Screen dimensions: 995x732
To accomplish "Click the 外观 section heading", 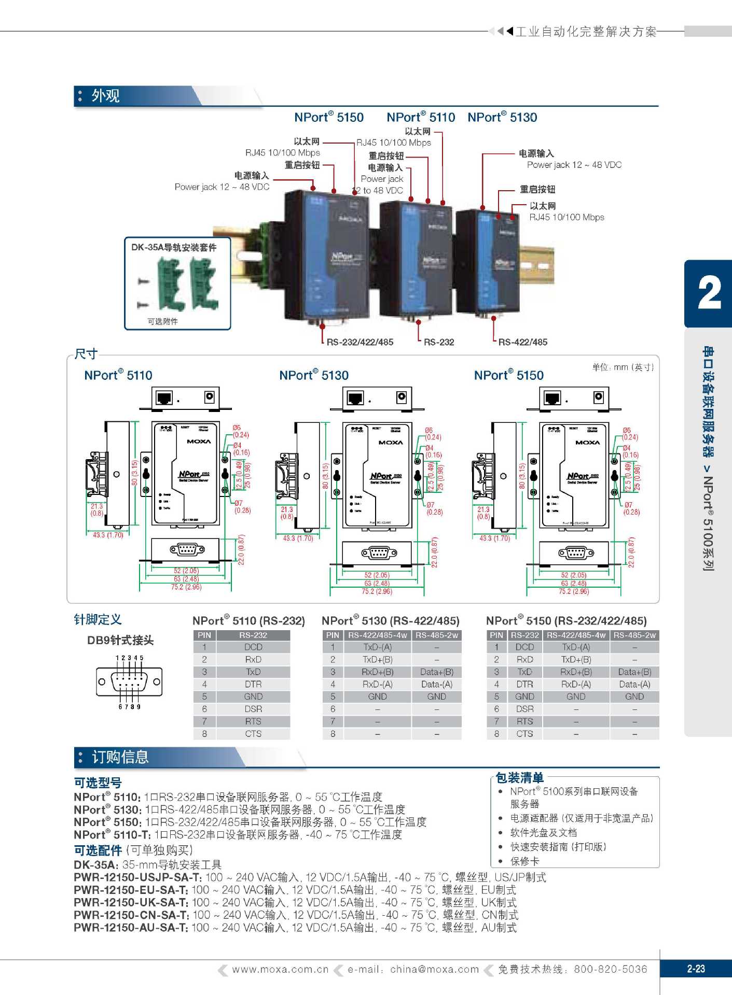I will pos(105,96).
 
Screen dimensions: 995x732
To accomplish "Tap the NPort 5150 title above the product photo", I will pos(329,118).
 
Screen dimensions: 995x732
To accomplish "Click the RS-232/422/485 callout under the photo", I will pos(360,342).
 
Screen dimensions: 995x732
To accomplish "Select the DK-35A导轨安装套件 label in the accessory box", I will pos(174,247).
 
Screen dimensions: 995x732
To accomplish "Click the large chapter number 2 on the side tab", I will pos(709,293).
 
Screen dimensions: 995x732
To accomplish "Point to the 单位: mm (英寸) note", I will pos(623,367).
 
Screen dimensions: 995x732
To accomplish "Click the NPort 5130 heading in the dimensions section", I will pos(314,375).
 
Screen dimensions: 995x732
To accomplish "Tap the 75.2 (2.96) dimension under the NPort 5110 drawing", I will pos(186,587).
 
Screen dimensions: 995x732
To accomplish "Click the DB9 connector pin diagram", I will pos(129,682).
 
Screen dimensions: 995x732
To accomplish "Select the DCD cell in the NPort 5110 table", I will pos(253,647).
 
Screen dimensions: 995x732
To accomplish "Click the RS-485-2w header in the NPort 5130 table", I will pos(436,635).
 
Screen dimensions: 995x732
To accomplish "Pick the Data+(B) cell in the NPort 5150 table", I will pos(634,672).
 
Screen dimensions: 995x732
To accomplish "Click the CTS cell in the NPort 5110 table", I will pos(253,734).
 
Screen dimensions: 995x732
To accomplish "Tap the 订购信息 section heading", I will pos(120,757).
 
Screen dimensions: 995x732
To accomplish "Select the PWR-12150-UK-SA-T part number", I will pos(131,902).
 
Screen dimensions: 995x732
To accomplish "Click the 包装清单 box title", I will pos(519,777).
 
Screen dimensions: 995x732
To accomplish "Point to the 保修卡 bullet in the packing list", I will pos(524,861).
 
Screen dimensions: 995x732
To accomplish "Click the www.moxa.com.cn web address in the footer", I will pos(280,969).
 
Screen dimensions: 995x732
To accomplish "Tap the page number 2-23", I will pos(696,969).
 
